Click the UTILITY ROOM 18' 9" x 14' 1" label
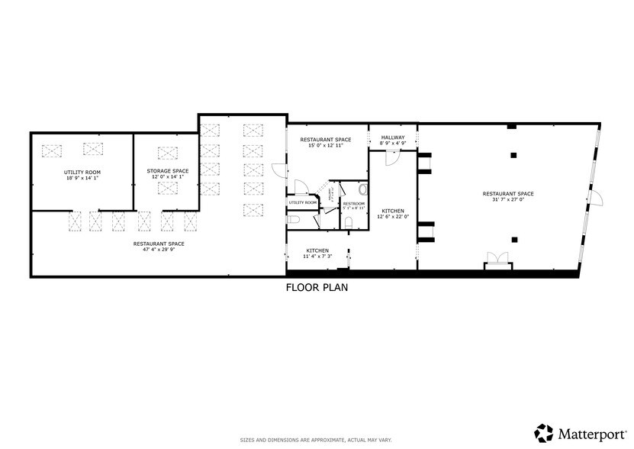[x=82, y=175]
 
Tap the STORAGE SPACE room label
[x=168, y=173]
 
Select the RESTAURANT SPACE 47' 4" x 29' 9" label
[x=159, y=246]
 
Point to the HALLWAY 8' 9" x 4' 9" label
[x=393, y=141]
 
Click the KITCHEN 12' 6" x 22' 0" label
[x=393, y=214]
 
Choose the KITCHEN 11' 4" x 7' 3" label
[x=317, y=254]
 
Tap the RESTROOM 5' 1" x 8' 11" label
[x=353, y=206]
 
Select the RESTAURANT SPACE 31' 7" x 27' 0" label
[x=507, y=196]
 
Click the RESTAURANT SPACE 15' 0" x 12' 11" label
[x=326, y=142]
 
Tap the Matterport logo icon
[x=544, y=433]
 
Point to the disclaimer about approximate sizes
[x=317, y=441]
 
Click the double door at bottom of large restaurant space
[x=497, y=260]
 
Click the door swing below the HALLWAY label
[x=391, y=157]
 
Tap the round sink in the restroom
[x=362, y=189]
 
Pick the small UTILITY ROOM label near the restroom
[x=302, y=202]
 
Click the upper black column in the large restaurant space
[x=513, y=155]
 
